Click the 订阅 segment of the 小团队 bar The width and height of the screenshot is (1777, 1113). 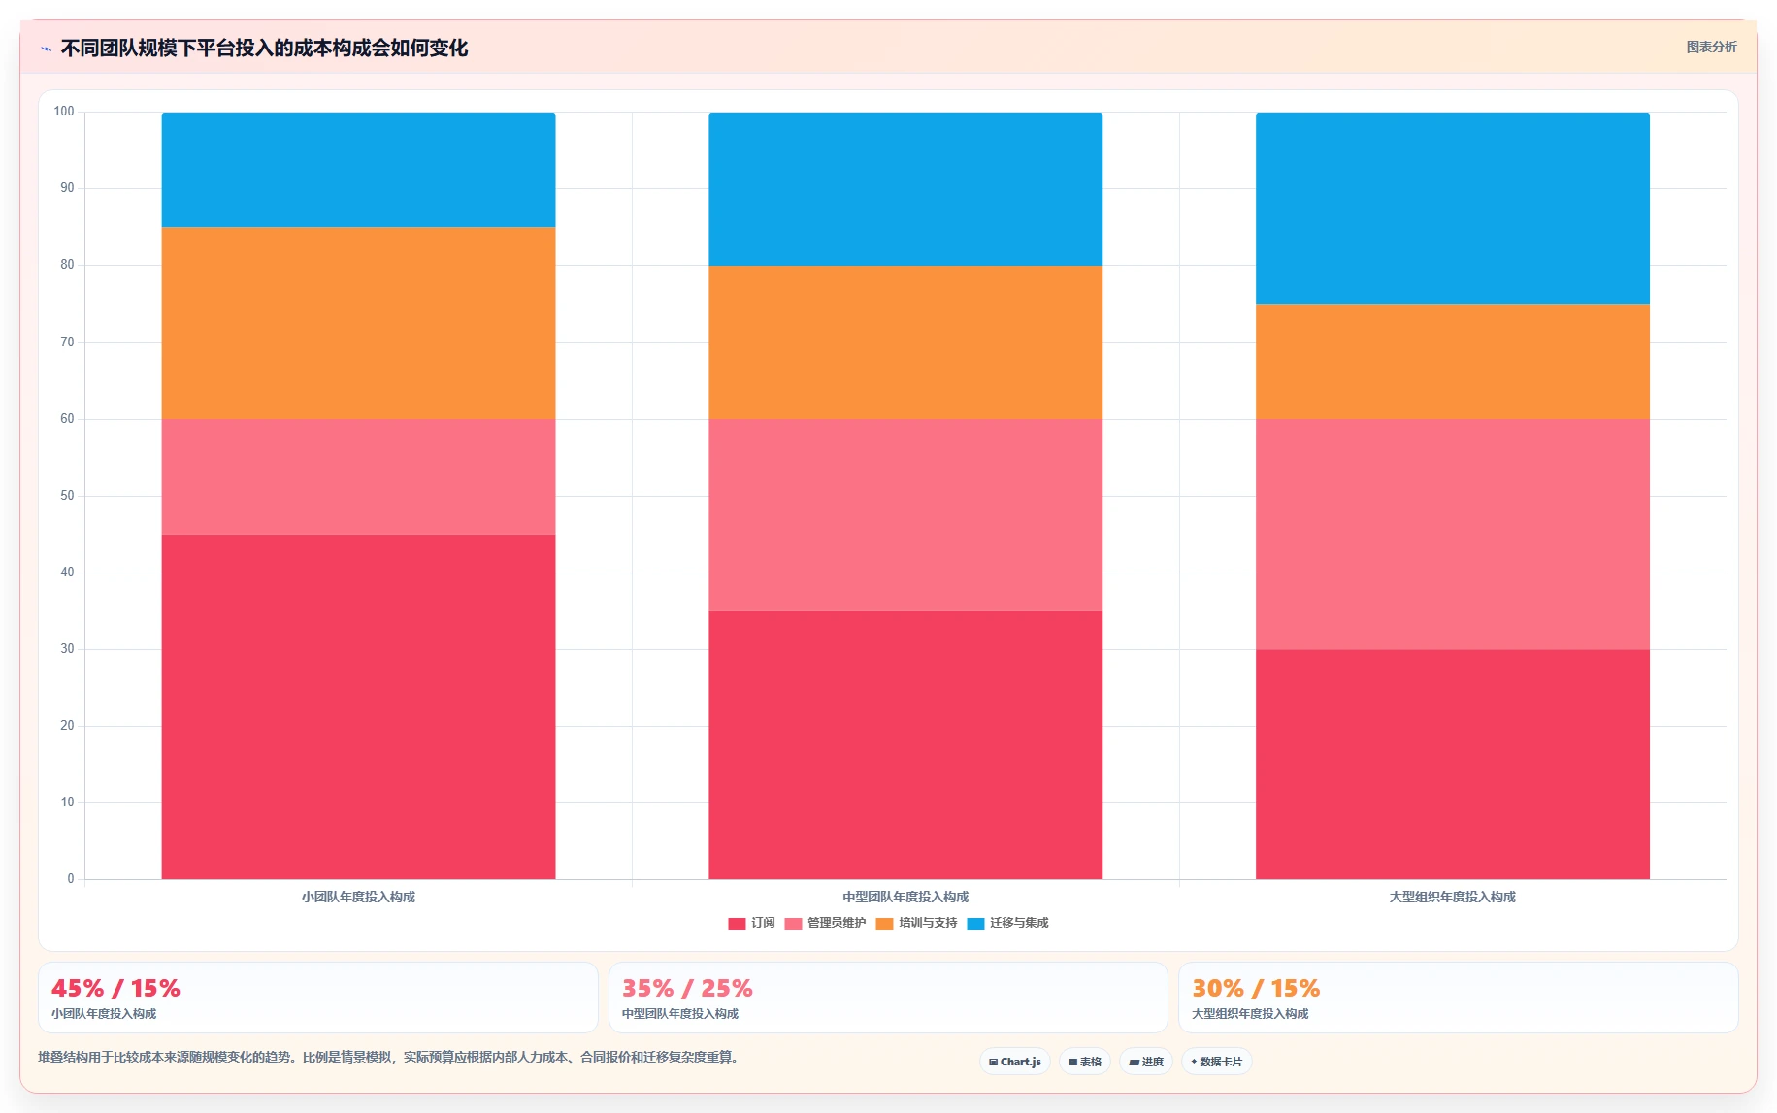pos(358,706)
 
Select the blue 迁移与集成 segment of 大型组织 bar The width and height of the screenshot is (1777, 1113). pos(1452,208)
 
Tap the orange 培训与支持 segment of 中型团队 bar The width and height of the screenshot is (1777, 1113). pos(905,343)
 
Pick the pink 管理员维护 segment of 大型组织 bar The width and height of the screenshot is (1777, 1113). pos(1452,535)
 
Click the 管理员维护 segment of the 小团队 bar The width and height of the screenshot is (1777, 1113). pos(358,476)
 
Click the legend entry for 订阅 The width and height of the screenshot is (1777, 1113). pos(751,923)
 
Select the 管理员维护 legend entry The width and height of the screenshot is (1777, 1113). pos(825,923)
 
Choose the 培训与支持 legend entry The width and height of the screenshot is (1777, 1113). pos(916,923)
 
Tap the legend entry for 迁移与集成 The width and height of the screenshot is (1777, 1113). pos(1007,923)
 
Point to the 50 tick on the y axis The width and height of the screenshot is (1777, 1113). pos(67,496)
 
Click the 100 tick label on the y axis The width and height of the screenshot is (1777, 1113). pos(64,112)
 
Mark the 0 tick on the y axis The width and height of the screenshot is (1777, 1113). pos(70,879)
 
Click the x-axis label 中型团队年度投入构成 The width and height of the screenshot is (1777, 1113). pos(905,897)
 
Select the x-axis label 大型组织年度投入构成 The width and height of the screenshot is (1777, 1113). pos(1452,897)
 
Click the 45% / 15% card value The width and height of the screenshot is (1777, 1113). pos(115,988)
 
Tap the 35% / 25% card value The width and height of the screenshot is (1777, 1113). pos(687,988)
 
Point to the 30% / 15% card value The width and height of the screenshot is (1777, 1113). pos(1256,988)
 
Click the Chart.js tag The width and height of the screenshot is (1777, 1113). pos(1015,1062)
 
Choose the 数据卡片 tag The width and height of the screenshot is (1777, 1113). pos(1217,1062)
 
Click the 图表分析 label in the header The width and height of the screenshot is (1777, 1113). pos(1711,47)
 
